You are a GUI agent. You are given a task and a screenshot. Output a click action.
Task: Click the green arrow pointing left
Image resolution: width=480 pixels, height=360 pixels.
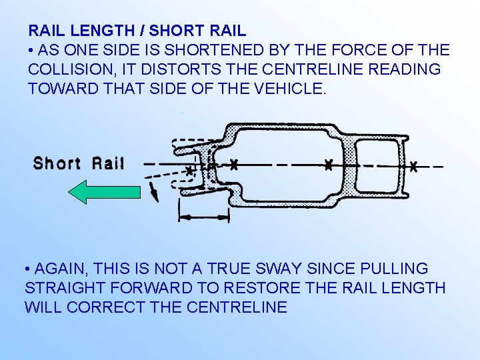click(105, 192)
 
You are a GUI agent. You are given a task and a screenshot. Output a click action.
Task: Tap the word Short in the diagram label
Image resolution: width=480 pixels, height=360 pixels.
click(57, 163)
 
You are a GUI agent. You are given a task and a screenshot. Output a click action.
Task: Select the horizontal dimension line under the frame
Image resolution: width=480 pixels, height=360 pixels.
click(204, 217)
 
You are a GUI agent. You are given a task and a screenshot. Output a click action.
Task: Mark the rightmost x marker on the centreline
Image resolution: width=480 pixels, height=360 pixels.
click(413, 165)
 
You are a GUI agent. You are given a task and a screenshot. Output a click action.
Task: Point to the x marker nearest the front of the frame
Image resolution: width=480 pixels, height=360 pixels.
click(190, 171)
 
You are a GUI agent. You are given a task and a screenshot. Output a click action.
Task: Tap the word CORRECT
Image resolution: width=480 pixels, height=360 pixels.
click(119, 307)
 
